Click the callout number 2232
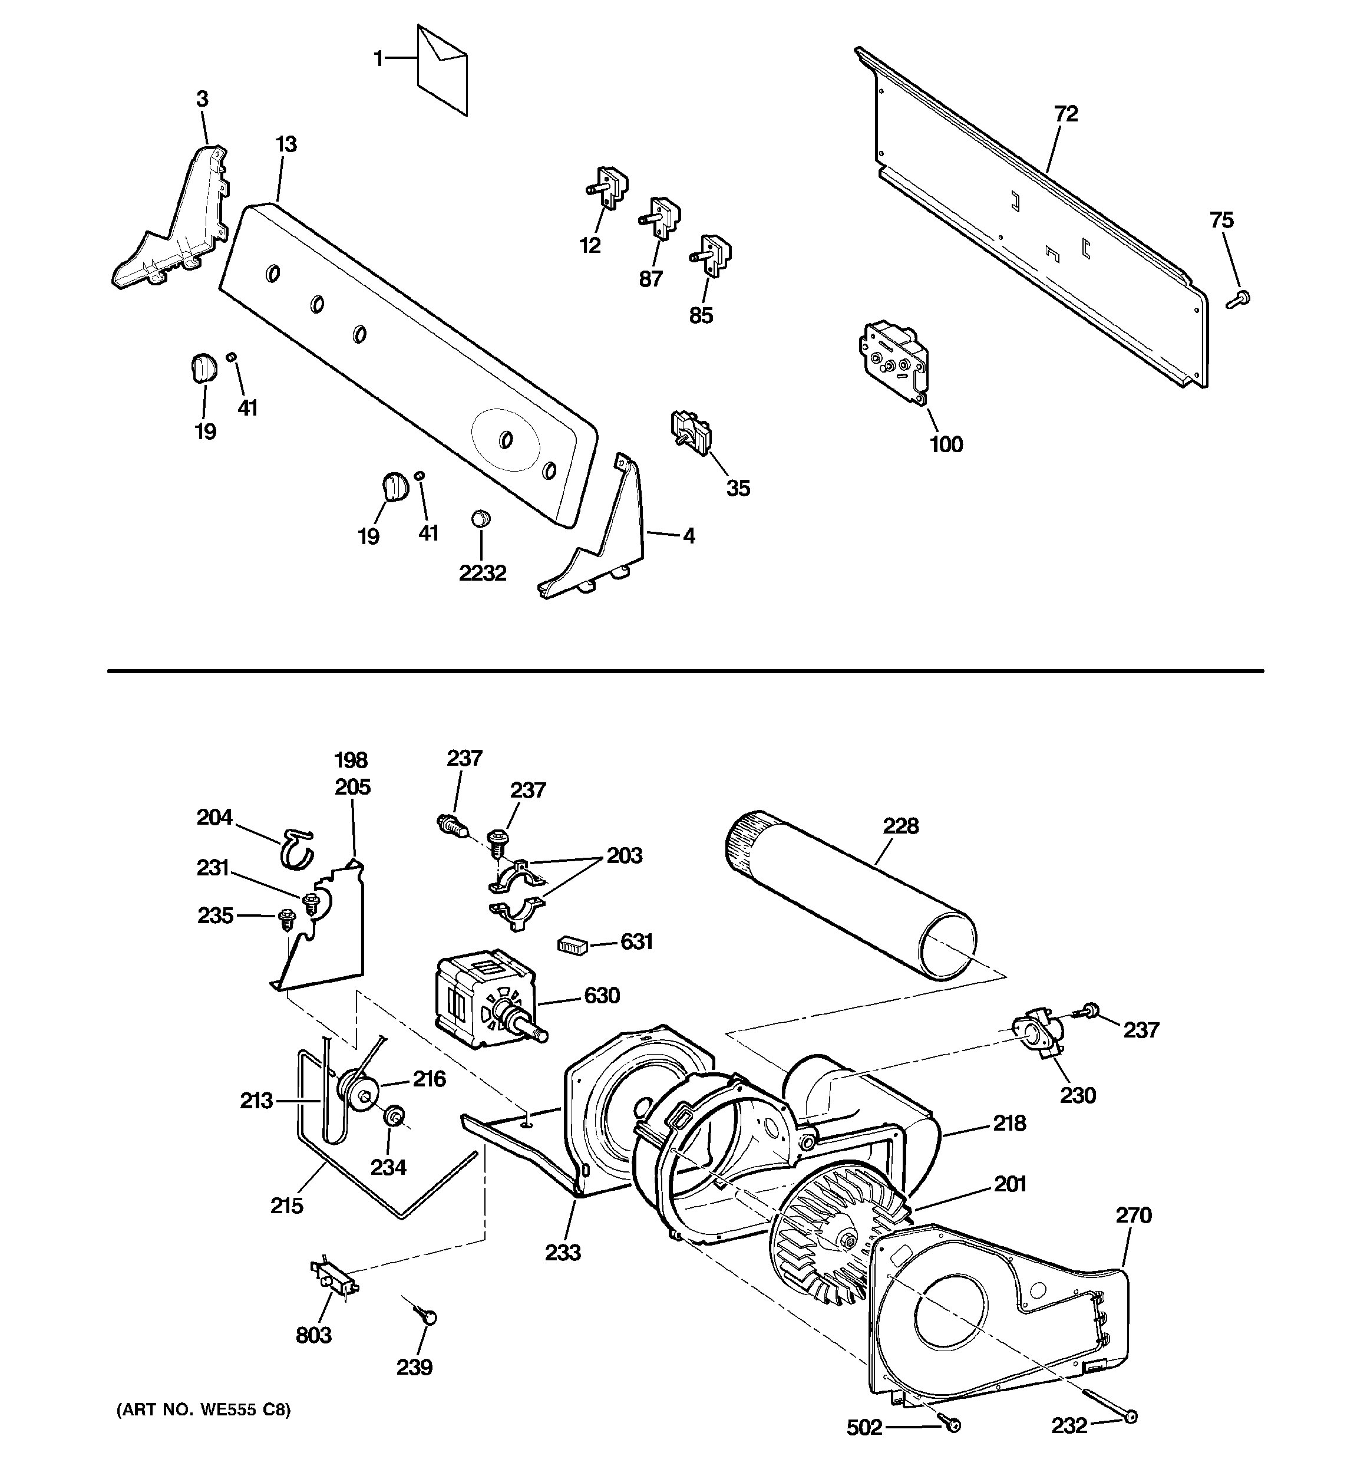(482, 573)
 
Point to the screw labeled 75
(1239, 298)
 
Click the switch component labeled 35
(691, 433)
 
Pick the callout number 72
(1065, 114)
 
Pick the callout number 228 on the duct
(900, 826)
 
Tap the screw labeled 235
(285, 918)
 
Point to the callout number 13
(285, 144)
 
